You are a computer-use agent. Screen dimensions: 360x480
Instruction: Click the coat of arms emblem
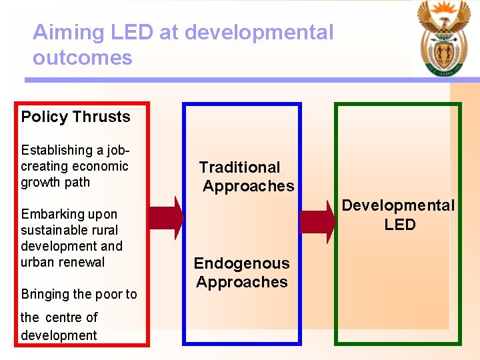443,39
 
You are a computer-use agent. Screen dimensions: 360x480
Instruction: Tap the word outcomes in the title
82,57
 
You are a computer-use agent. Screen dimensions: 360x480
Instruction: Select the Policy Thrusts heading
75,117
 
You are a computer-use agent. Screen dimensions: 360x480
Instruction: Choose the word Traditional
239,167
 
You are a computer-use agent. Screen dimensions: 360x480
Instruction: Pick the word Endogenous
241,263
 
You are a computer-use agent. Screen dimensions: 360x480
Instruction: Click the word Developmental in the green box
398,205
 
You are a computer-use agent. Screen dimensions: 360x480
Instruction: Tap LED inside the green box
399,225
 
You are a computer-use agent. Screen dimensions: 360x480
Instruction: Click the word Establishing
57,150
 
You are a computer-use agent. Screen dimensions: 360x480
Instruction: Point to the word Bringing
45,294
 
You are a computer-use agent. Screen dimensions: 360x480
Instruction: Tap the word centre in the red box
63,317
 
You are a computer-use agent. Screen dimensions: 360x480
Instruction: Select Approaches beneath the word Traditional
248,186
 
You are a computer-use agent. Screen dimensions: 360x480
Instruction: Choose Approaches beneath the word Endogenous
241,282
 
